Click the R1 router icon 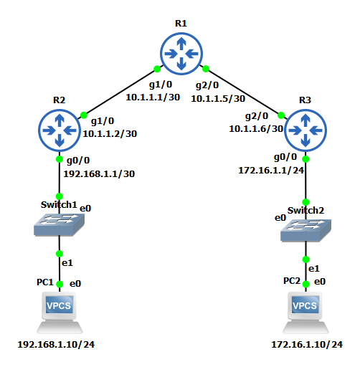pos(181,54)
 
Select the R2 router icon pos(60,130)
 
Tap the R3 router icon pos(305,130)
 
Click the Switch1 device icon pos(59,224)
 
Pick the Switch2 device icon pos(305,230)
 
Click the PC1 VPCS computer pos(60,313)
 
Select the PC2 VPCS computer pos(305,313)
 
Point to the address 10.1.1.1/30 pos(153,97)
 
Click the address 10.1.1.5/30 pos(218,99)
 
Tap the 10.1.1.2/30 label pos(110,134)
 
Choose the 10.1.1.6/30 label pos(256,129)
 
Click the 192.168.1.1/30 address pos(99,174)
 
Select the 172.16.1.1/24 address pos(271,171)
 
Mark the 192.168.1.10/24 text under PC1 pos(56,345)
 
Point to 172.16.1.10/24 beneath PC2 pos(307,345)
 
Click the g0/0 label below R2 pos(78,161)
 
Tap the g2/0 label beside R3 pos(257,116)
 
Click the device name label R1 pos(181,24)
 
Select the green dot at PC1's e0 pos(60,284)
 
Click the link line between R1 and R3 pos(243,92)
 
